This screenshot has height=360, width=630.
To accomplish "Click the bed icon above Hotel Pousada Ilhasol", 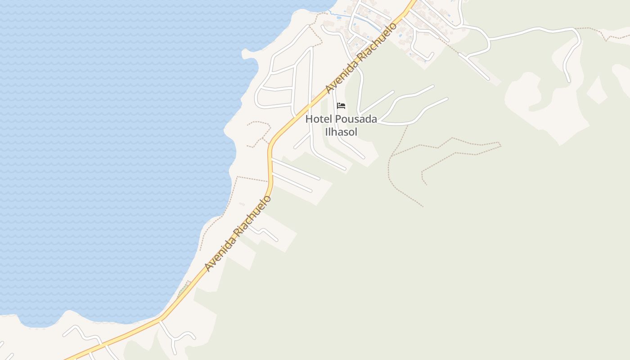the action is pyautogui.click(x=341, y=106).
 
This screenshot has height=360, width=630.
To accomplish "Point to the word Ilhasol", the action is pyautogui.click(x=341, y=132).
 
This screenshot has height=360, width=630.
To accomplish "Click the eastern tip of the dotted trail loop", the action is pyautogui.click(x=500, y=144).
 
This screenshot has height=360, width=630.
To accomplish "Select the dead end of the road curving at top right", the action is pyautogui.click(x=569, y=81).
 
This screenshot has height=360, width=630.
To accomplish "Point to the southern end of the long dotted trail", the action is pyautogui.click(x=422, y=206).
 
